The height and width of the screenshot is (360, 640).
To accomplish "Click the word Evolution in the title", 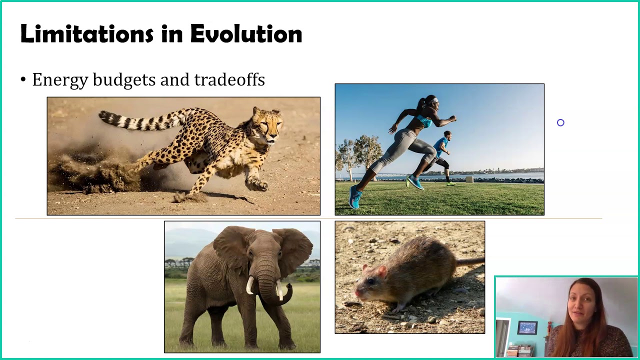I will coord(246,34).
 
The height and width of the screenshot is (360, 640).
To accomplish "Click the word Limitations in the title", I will coord(86,34).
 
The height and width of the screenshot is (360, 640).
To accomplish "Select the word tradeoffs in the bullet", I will coord(229,79).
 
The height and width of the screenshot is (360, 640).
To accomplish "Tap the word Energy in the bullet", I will coord(60,80).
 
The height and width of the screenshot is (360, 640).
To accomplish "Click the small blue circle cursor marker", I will coord(560,122).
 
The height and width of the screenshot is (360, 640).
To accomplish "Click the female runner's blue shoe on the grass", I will coord(354,197).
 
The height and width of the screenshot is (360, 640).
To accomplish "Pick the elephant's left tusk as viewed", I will coord(249,285).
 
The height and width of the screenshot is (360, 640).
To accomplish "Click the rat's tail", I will coord(470,261).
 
